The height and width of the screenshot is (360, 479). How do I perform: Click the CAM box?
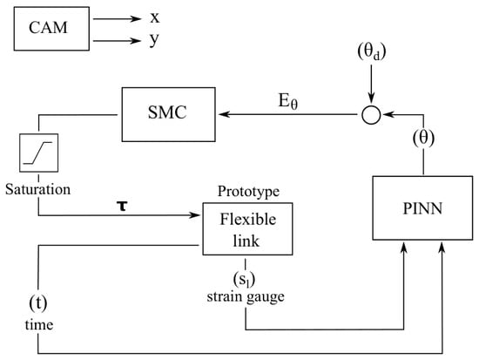coord(51,29)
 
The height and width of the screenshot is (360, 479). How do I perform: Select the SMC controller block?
coord(169,114)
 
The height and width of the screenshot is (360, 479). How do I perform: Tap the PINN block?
coord(422,208)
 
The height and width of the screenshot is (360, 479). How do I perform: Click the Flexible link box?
coord(247,228)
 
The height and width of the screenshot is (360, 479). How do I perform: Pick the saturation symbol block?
coord(39,153)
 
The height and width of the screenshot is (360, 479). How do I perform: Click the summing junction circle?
coord(371,115)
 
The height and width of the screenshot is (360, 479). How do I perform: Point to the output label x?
coord(155,17)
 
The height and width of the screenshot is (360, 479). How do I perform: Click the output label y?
coord(154,40)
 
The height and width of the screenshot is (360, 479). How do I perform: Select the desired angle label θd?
coord(372,51)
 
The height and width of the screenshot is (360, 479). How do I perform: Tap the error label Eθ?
coord(287,101)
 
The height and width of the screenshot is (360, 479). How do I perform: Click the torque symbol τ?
coord(122,206)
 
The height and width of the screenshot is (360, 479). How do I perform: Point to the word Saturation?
coord(37,189)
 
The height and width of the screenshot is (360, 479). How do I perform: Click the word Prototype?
coord(248,192)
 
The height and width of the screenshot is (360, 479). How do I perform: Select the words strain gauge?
coord(246,296)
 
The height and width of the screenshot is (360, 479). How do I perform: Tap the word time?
coord(39,324)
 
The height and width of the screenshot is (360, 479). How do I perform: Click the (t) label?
coord(38,302)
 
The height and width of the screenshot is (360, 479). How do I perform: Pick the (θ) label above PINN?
coord(423,138)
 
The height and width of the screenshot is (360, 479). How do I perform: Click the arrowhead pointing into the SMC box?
coord(224,114)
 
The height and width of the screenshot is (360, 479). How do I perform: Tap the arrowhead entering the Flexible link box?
coord(194,215)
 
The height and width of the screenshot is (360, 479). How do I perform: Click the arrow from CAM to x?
coord(118,18)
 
